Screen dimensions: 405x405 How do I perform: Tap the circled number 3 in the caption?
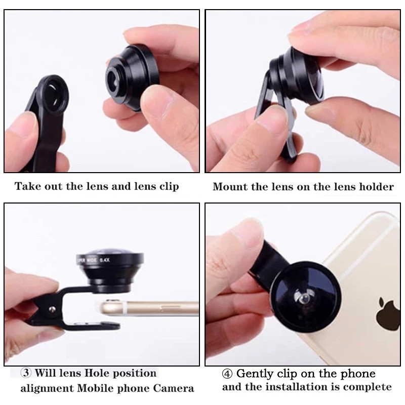tap(26, 373)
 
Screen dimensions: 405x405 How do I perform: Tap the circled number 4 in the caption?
tap(227, 374)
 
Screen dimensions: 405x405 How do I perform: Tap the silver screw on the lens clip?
tap(53, 308)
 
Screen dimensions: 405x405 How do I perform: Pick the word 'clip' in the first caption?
tap(169, 186)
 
